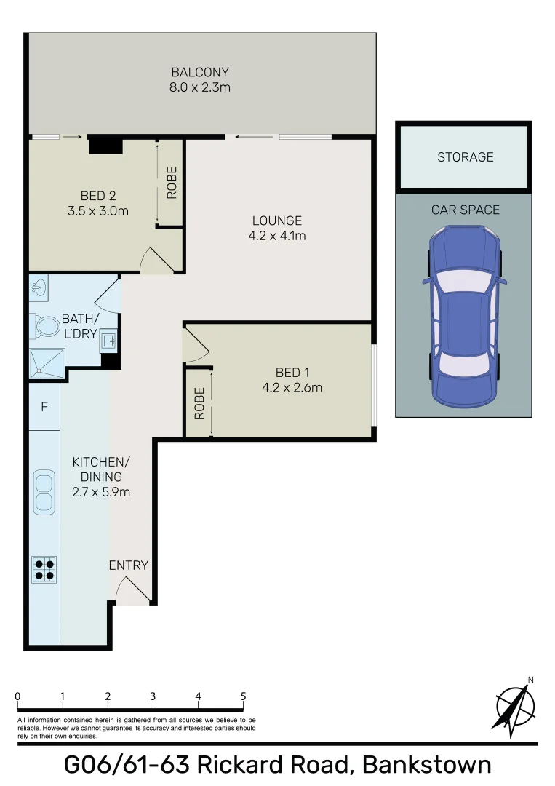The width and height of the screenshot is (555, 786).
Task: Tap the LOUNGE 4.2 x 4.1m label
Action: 276,228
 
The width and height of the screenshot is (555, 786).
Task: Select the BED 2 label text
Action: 98,203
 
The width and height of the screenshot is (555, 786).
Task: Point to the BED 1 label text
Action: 292,380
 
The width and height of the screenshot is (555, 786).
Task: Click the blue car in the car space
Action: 464,314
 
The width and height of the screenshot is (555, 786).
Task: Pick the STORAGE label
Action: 465,157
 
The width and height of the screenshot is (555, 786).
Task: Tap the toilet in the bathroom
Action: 47,326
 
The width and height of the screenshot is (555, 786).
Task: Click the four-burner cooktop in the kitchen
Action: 44,568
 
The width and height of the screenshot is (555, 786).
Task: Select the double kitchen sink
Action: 44,492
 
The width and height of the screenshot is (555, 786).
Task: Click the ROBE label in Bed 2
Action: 172,183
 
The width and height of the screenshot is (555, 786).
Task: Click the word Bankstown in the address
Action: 426,765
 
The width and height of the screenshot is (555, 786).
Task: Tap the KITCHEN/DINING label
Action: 101,477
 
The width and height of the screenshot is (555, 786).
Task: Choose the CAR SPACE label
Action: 465,210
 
